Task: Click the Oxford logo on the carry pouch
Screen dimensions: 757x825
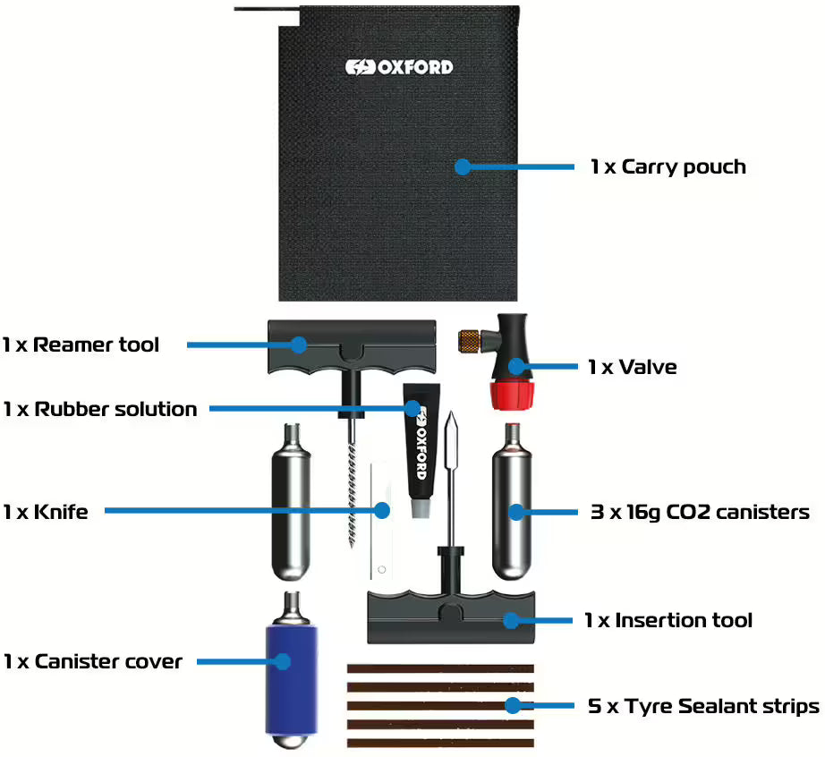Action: point(399,67)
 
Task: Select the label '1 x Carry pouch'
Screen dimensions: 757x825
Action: point(668,166)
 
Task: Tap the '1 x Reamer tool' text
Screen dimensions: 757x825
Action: point(81,344)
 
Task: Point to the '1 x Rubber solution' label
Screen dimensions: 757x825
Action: point(99,409)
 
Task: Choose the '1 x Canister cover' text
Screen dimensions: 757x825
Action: point(92,661)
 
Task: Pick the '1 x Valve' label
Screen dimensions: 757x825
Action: point(632,367)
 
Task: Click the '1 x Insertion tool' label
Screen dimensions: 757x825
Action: point(668,620)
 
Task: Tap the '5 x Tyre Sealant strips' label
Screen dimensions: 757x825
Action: point(703,706)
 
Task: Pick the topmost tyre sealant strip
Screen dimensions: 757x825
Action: point(439,668)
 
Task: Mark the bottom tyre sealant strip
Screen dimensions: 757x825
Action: point(439,743)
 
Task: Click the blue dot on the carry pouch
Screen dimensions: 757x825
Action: point(462,166)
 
